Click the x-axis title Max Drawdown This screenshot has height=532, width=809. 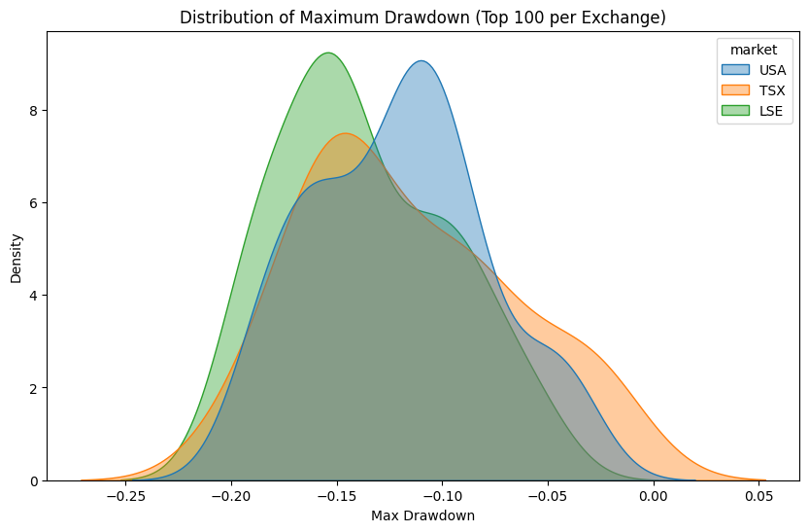(x=422, y=515)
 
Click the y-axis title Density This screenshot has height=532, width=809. (x=17, y=258)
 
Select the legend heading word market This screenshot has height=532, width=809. (x=741, y=51)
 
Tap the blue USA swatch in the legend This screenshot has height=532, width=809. (x=733, y=70)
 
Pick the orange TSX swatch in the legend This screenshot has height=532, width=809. (x=733, y=90)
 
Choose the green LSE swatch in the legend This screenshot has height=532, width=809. (x=733, y=111)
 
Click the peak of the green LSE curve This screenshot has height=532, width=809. (x=329, y=53)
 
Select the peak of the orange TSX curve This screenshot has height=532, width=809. (x=345, y=133)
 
